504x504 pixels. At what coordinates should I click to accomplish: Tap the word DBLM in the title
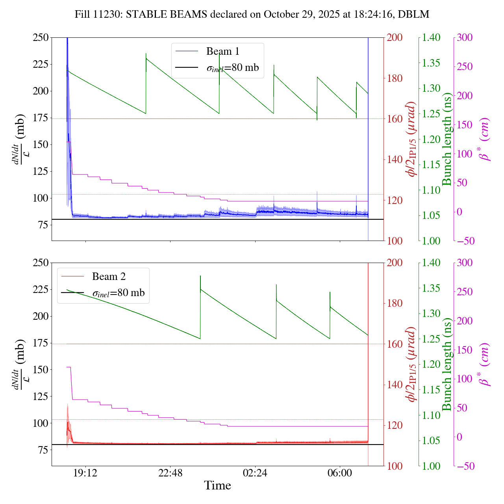[x=413, y=15]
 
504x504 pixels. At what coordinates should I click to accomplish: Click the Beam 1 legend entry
[x=222, y=51]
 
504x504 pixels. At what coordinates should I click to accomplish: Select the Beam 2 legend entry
[x=109, y=276]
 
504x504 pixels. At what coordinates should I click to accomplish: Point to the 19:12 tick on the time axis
[x=85, y=473]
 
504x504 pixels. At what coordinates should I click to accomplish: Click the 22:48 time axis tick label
[x=170, y=473]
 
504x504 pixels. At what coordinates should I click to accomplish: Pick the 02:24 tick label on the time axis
[x=255, y=473]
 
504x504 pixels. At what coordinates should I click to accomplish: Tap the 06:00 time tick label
[x=340, y=473]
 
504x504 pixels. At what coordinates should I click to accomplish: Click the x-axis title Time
[x=217, y=485]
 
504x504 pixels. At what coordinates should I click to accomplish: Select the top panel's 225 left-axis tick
[x=41, y=64]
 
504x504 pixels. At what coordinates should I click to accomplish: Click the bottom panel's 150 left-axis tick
[x=41, y=370]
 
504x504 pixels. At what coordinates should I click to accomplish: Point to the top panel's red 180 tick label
[x=395, y=78]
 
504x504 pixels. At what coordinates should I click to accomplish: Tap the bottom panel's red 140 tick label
[x=395, y=385]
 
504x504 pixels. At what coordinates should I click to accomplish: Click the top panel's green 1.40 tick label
[x=432, y=38]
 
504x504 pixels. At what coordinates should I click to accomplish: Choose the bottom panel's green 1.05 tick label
[x=432, y=441]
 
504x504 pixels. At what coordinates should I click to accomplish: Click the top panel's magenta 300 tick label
[x=465, y=38]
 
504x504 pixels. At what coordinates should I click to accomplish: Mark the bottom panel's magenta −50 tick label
[x=465, y=466]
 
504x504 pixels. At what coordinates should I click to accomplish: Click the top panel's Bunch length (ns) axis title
[x=447, y=139]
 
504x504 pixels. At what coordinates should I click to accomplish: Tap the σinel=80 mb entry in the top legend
[x=233, y=68]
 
